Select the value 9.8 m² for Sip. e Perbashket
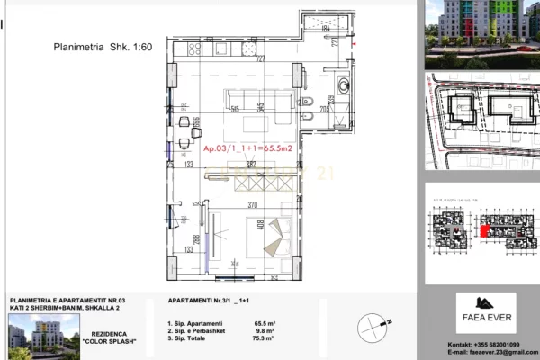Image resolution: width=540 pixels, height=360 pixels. [264, 332]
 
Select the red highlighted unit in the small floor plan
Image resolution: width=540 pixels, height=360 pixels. [485, 231]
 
